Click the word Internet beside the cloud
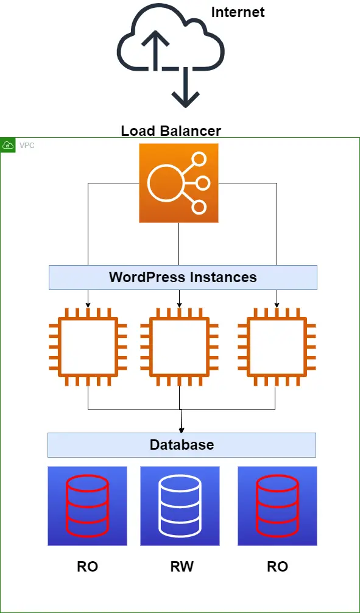pos(238,12)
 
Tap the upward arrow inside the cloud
pos(155,50)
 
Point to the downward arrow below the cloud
pos(186,87)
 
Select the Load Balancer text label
pos(171,130)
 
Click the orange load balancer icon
pos(178,183)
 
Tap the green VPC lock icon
pos(8,146)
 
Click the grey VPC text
pos(27,146)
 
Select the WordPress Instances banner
pos(183,278)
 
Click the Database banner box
pos(182,445)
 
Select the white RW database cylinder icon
pos(180,506)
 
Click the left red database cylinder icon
pos(87,506)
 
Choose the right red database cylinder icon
pos(277,506)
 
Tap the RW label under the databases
pos(182,567)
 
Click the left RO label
pos(87,567)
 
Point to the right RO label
pos(278,567)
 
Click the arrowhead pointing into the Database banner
pos(182,430)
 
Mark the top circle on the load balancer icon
pos(199,159)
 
